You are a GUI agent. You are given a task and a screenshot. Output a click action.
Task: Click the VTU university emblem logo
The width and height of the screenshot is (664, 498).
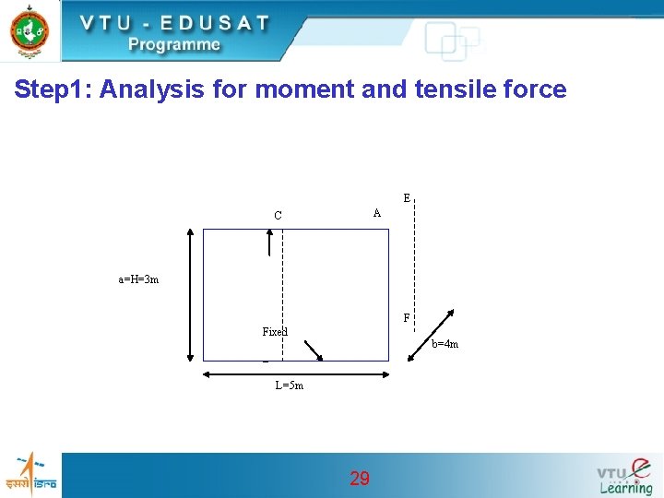pyautogui.click(x=30, y=30)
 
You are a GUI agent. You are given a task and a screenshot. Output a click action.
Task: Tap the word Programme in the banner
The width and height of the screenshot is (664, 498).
pyautogui.click(x=174, y=44)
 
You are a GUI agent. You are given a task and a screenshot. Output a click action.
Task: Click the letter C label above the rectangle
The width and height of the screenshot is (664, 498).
pyautogui.click(x=278, y=216)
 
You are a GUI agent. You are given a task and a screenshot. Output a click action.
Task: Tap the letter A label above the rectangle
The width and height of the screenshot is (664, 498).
pyautogui.click(x=376, y=213)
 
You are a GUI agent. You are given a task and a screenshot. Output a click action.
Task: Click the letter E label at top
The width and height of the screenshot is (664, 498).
pyautogui.click(x=407, y=198)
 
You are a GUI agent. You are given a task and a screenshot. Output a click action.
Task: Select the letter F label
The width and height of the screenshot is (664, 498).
pyautogui.click(x=407, y=318)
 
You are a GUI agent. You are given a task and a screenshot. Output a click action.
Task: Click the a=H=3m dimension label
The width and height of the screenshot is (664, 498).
pyautogui.click(x=138, y=279)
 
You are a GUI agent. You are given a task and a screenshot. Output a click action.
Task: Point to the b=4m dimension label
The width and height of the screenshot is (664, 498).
pyautogui.click(x=445, y=345)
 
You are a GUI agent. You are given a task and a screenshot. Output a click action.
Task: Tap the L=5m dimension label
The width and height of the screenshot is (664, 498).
pyautogui.click(x=289, y=385)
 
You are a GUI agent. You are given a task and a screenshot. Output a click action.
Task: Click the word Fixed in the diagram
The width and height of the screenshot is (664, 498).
pyautogui.click(x=275, y=332)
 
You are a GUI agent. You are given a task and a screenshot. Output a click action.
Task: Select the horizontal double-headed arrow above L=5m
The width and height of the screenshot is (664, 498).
pyautogui.click(x=295, y=373)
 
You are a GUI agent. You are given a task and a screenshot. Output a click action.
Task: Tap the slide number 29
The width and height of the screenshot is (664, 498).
pyautogui.click(x=360, y=478)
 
